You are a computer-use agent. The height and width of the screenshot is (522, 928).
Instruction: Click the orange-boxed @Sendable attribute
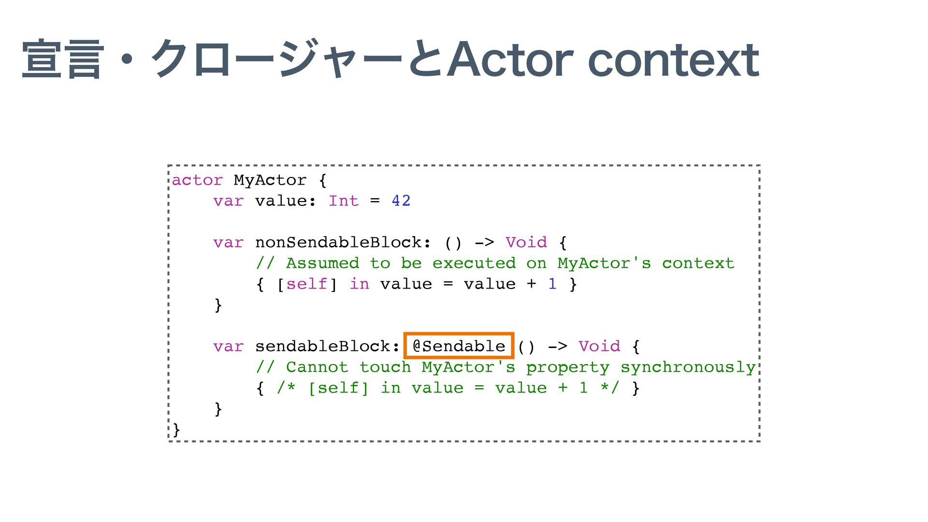click(x=458, y=346)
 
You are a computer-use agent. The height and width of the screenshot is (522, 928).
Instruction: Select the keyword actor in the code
click(x=197, y=180)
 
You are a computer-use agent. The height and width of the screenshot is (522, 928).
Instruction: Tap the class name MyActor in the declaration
click(x=270, y=180)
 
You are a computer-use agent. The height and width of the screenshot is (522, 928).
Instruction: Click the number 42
click(x=401, y=201)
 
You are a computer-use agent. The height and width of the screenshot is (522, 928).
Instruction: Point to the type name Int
click(x=344, y=201)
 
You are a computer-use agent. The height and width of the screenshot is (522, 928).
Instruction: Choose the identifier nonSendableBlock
click(x=338, y=243)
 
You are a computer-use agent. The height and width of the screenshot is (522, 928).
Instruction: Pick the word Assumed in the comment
click(x=322, y=263)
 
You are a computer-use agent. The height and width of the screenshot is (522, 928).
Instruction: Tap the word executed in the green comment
click(x=474, y=263)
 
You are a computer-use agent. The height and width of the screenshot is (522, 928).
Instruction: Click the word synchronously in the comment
click(x=688, y=367)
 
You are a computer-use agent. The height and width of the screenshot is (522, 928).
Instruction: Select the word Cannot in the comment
click(x=317, y=367)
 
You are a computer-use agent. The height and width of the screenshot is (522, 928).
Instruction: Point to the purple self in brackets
click(x=306, y=284)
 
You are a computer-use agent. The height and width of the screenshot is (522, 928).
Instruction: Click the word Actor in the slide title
click(x=510, y=60)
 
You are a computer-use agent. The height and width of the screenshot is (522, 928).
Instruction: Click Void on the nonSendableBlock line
click(x=526, y=243)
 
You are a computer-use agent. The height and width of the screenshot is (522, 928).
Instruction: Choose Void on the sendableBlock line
click(x=599, y=347)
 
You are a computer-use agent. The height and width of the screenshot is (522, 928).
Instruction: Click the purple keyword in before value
click(x=359, y=284)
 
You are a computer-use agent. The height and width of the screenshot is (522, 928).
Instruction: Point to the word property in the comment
click(x=567, y=367)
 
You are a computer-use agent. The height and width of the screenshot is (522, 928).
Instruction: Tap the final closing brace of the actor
click(x=176, y=429)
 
